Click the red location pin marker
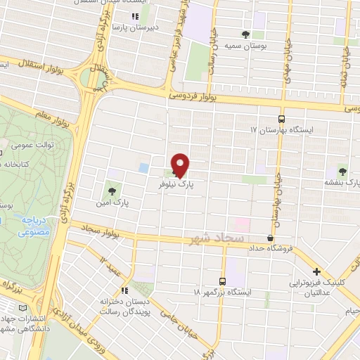pos(181,165)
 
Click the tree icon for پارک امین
pos(112,191)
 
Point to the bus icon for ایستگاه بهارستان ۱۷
pos(282,119)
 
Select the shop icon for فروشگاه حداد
pos(271,237)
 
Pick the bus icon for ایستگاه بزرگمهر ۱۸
pos(223,281)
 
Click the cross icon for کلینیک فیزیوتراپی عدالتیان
pos(316,271)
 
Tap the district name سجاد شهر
pos(216,239)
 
